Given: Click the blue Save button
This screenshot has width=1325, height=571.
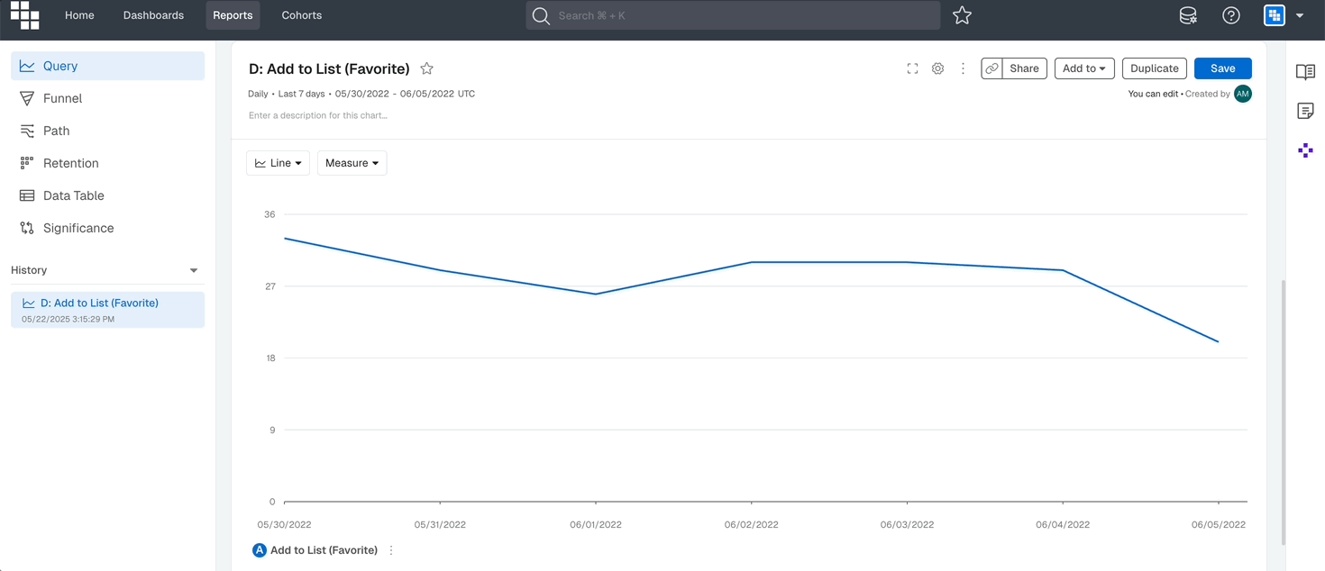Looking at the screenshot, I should [1222, 68].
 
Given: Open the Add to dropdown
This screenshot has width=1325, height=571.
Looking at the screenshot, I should [1084, 68].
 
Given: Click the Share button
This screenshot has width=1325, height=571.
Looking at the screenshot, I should [1024, 68].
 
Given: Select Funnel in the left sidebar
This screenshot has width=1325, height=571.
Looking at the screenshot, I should [62, 98].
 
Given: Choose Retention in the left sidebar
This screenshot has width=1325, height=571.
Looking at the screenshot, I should [70, 163].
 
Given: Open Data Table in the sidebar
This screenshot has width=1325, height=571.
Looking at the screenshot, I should [73, 195].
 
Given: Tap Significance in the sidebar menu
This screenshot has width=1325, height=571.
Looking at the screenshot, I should [78, 228].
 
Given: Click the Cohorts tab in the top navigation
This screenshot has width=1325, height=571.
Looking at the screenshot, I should [301, 15].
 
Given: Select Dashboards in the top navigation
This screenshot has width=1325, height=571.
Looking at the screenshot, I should [153, 15].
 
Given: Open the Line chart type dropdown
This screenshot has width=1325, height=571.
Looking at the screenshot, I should [278, 163].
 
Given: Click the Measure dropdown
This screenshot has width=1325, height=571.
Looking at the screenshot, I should [352, 163].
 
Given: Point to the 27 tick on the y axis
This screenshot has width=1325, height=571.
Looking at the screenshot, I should [270, 286].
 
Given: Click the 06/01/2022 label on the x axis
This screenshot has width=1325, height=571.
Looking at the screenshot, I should [595, 524].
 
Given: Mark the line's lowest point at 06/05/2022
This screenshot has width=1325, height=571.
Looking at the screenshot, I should [1219, 342].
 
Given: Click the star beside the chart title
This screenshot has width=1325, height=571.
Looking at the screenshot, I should [427, 68].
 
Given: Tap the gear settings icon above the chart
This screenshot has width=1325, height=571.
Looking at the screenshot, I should [937, 68].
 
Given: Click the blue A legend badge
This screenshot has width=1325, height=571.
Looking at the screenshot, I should [259, 550].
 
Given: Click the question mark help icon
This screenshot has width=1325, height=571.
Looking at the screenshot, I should [1230, 15].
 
